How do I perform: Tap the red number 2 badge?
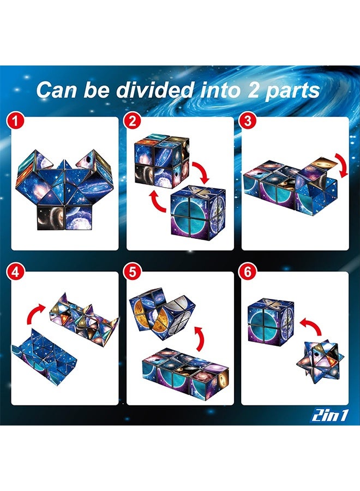[133, 121]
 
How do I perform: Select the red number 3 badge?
[248, 121]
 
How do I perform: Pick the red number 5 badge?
[133, 272]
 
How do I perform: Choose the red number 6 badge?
[248, 272]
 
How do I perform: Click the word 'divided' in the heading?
[155, 90]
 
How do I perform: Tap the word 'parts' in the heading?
[292, 91]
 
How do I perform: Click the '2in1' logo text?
[329, 416]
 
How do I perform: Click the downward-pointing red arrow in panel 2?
[202, 172]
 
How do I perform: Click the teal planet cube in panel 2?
[198, 212]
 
